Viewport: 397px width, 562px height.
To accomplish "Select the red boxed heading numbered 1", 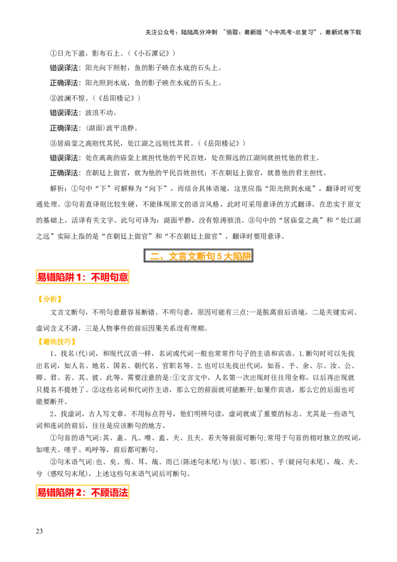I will pyautogui.click(x=82, y=277).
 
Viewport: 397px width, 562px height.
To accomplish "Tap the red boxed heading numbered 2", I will pyautogui.click(x=82, y=492).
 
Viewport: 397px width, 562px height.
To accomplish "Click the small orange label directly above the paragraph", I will pyautogui.click(x=50, y=299).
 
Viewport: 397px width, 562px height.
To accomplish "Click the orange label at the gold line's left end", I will pyautogui.click(x=56, y=342).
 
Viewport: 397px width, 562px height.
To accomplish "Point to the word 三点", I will pyautogui.click(x=240, y=312).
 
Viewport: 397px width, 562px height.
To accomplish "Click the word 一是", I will pyautogui.click(x=256, y=312).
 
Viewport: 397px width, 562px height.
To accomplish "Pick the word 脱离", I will pyautogui.click(x=271, y=312).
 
